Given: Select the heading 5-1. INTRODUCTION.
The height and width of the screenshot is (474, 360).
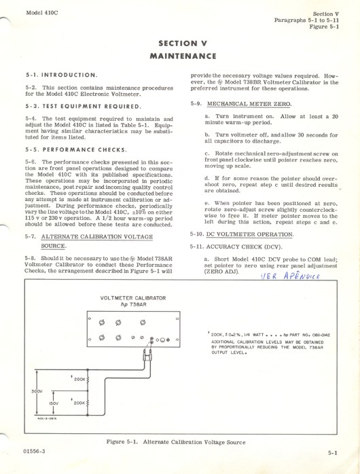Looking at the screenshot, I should [x=60, y=75].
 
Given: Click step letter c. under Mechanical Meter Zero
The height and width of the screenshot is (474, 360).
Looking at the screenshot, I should [x=206, y=153].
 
